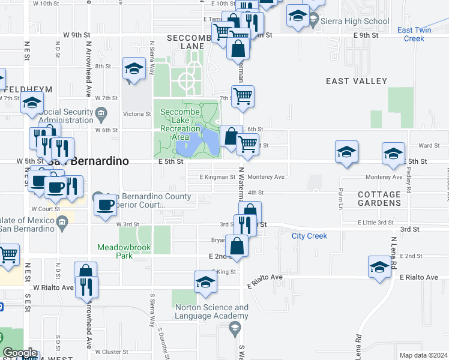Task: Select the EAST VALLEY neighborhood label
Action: [x=356, y=81]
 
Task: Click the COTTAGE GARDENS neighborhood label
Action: [x=379, y=199]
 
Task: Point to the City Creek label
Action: [x=309, y=236]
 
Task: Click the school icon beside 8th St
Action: [x=134, y=70]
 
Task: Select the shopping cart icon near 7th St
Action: [x=243, y=96]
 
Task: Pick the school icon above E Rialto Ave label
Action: [x=379, y=267]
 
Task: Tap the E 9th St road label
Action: [x=366, y=35]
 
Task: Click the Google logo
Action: [x=20, y=353]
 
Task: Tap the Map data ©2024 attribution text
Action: [x=423, y=355]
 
